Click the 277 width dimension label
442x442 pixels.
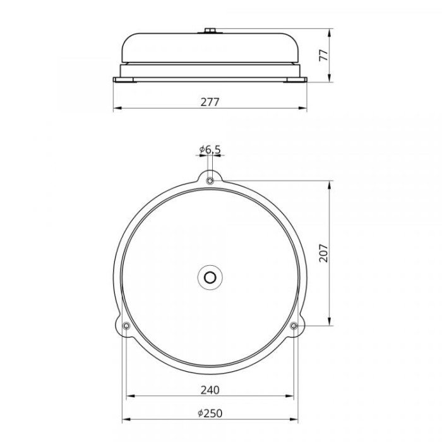click(210, 102)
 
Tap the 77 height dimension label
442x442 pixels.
click(323, 56)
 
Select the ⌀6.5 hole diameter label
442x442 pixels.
click(210, 150)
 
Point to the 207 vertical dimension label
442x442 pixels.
click(323, 253)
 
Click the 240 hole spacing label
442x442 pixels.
click(210, 390)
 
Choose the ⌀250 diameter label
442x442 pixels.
click(210, 413)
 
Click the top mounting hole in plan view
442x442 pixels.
click(210, 181)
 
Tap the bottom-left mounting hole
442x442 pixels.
click(126, 326)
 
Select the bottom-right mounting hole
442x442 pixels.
click(294, 326)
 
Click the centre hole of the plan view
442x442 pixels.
click(210, 278)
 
